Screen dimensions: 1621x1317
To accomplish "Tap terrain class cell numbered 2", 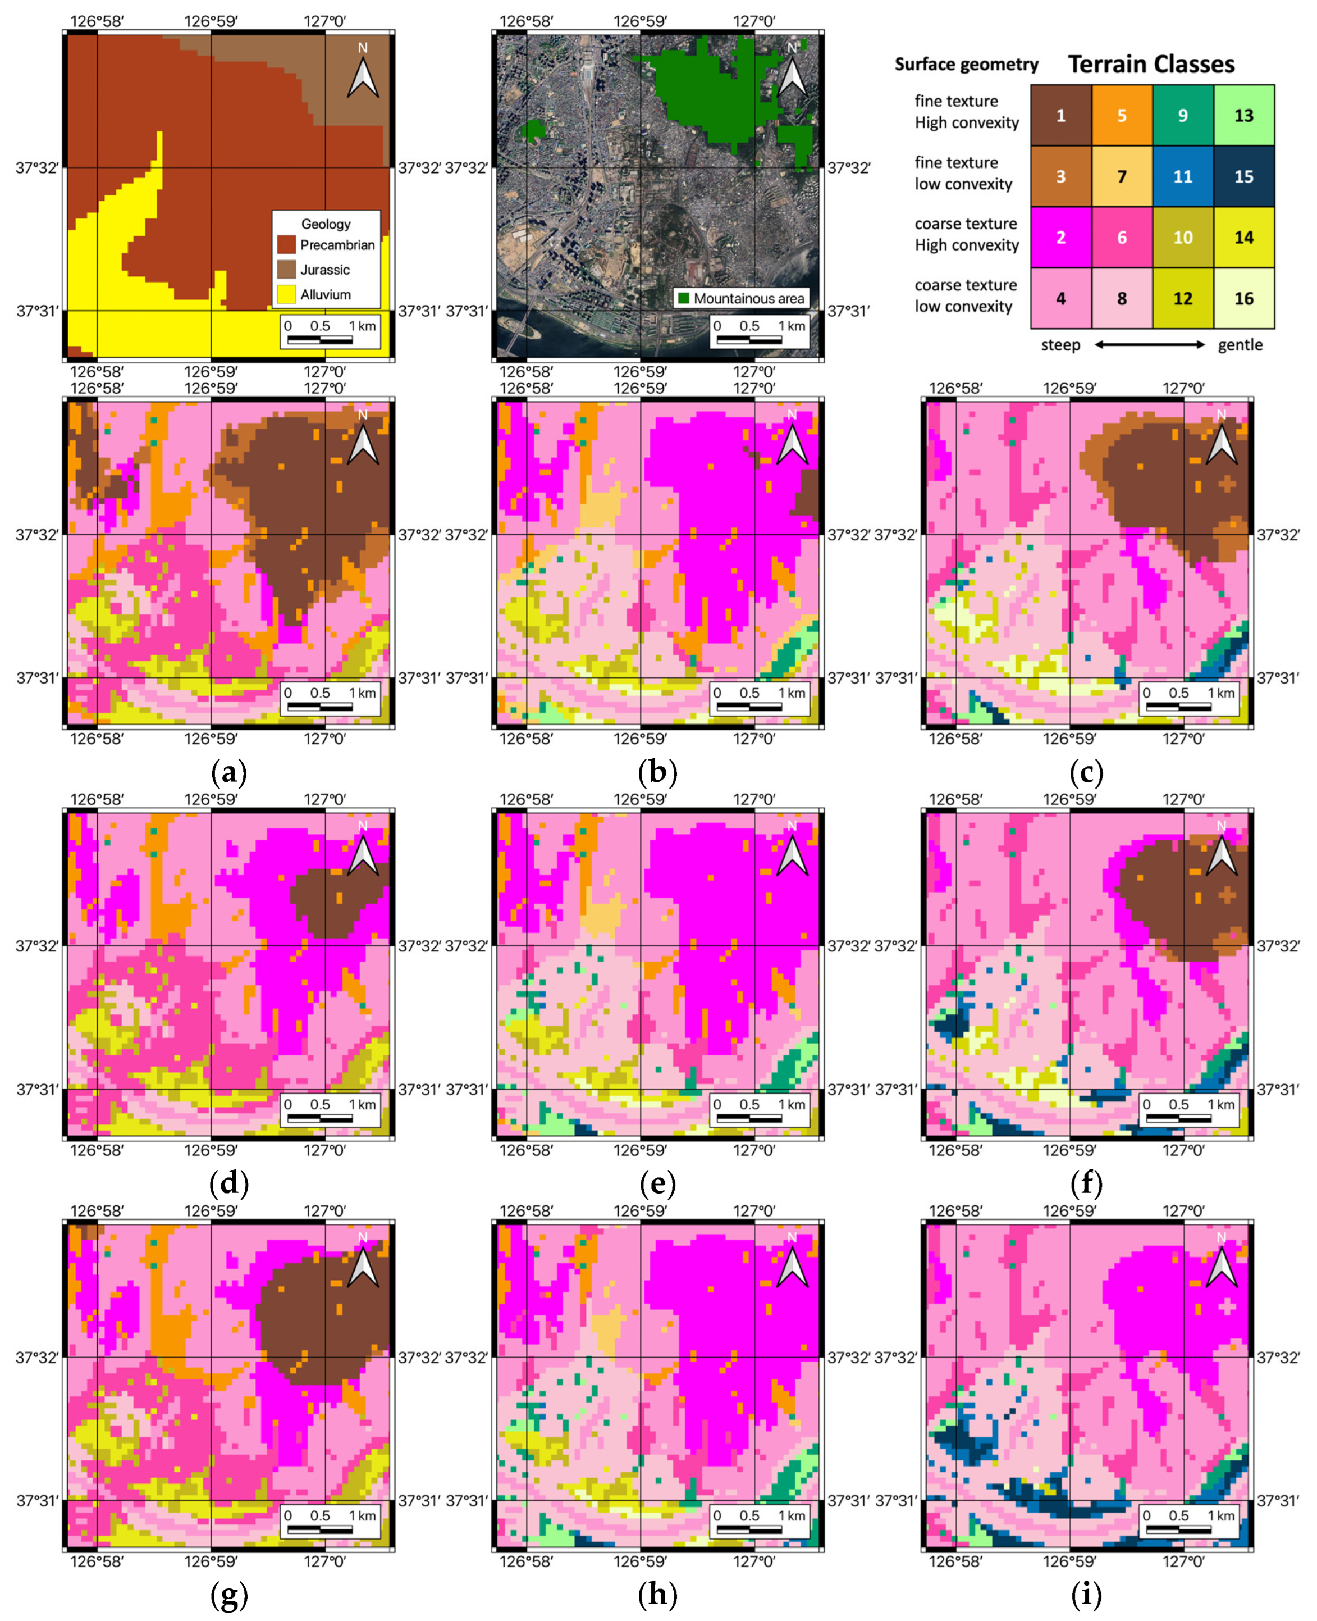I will click(1060, 238).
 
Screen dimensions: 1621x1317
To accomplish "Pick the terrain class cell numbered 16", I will click(1243, 298).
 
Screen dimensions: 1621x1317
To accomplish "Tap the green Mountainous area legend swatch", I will click(683, 298).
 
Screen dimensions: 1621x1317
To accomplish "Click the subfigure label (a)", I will click(228, 773).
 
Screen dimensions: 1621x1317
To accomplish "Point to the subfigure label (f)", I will click(1086, 1185).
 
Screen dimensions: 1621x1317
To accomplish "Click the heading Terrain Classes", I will click(1151, 65).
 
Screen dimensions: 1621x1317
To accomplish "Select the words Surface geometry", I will click(966, 65).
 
